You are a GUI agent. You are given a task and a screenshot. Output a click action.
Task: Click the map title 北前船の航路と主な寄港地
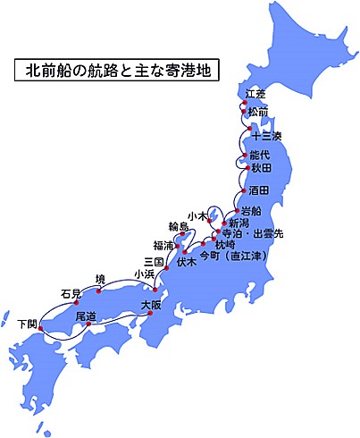(x=115, y=71)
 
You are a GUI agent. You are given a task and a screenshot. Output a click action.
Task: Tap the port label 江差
(x=255, y=94)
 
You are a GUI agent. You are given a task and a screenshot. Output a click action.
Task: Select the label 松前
(x=258, y=112)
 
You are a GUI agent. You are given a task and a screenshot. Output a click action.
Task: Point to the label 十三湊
(x=266, y=137)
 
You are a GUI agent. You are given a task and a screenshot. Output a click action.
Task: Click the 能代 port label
(x=260, y=155)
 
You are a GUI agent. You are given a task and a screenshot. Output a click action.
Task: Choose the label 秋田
(x=260, y=166)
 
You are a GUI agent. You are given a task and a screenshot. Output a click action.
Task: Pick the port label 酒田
(x=259, y=190)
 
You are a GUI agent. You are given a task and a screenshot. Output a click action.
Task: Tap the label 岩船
(x=251, y=211)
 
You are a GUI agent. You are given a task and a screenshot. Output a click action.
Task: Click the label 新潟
(x=239, y=223)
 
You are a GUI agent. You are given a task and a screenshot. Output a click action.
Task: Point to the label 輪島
(x=179, y=227)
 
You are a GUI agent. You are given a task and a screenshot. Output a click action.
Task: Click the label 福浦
(x=163, y=244)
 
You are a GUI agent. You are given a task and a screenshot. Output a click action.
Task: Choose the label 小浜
(x=143, y=274)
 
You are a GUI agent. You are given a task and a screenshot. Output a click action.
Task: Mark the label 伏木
(x=186, y=263)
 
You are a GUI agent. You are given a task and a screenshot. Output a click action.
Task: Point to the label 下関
(x=28, y=322)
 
